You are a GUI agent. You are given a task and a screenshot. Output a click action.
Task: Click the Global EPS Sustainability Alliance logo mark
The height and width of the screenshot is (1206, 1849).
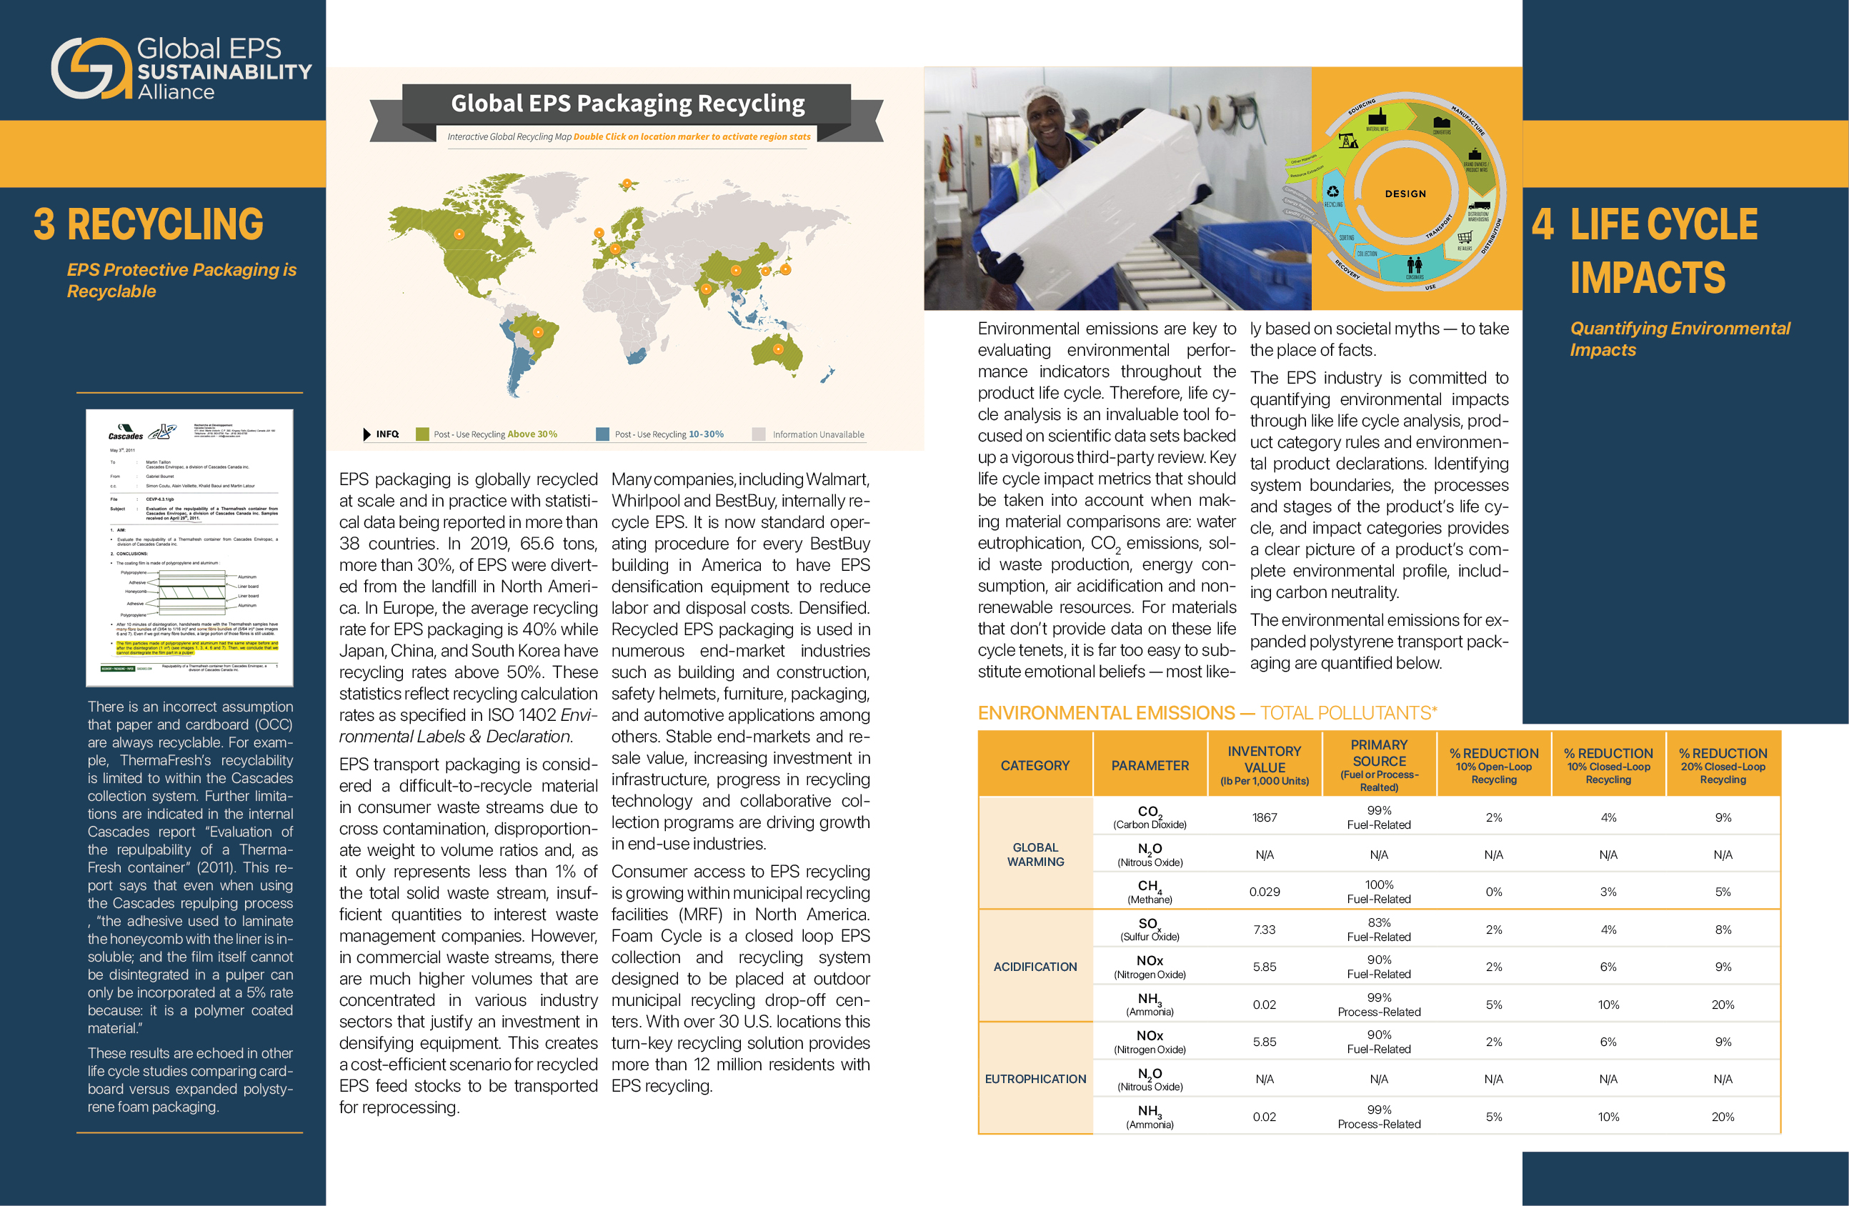pos(91,69)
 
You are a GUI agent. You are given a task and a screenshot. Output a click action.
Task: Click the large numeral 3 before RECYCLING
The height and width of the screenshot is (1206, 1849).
pos(44,224)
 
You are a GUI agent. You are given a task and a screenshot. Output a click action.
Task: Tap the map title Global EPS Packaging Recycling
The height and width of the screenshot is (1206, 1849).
pos(628,104)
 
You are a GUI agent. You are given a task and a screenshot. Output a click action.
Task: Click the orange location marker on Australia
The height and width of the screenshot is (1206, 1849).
pos(777,349)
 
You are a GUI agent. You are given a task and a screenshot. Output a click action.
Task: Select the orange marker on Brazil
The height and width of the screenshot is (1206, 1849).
pos(537,333)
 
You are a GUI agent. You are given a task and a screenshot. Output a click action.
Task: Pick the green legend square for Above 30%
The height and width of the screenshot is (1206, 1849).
pos(423,434)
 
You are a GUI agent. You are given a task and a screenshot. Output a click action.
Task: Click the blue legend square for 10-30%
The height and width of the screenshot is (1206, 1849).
pos(602,434)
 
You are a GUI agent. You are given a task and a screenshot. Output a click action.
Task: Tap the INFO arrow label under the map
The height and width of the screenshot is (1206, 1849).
pos(382,434)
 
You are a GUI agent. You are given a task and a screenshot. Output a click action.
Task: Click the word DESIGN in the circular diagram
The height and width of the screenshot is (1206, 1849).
pos(1405,194)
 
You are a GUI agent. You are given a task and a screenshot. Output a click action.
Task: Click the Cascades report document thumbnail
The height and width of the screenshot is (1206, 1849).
pos(189,548)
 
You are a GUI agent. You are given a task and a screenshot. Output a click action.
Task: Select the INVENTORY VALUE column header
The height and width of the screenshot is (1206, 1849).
pos(1264,764)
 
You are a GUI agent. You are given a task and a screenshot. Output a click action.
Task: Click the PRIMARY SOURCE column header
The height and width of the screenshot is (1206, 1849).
pos(1379,764)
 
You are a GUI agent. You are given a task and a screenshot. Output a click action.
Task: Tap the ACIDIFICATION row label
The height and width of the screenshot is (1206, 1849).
pos(1035,967)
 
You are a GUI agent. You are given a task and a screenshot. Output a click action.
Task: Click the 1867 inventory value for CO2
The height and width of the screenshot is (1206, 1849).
pos(1264,817)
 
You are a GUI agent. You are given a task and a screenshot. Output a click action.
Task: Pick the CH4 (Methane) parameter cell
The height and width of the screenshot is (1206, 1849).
pos(1150,892)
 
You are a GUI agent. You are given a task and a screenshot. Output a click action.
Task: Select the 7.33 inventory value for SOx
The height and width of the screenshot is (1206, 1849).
pos(1264,930)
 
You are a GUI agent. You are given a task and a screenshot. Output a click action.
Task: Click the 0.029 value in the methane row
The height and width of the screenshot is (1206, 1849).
pos(1264,892)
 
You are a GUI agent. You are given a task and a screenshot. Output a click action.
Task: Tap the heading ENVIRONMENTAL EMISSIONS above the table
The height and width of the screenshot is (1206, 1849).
pos(1106,712)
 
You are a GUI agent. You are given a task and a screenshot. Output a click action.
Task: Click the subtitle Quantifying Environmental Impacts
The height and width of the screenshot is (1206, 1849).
pos(1680,339)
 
